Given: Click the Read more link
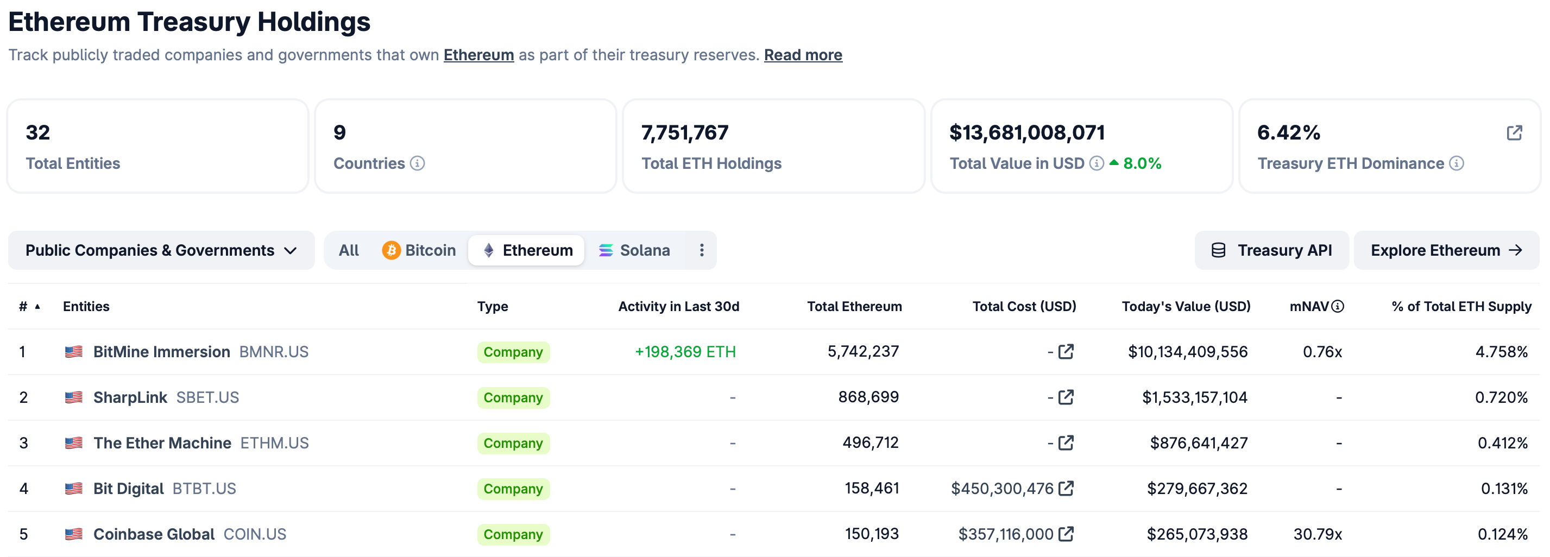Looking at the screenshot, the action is tap(803, 55).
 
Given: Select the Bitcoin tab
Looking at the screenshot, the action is tap(419, 250).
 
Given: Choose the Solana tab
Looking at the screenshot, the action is tap(634, 250).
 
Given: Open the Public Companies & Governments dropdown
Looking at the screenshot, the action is tap(161, 250).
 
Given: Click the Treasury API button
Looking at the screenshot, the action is tap(1271, 250).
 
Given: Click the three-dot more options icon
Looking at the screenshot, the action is tap(702, 250).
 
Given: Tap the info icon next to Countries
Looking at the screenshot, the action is tap(418, 163).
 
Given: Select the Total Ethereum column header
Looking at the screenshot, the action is tap(854, 306).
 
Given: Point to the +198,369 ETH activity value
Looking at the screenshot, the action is tap(685, 352).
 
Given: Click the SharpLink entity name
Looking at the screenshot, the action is tap(130, 397).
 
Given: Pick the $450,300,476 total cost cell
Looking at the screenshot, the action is tap(1003, 489).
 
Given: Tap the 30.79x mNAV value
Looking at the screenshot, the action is tap(1318, 534).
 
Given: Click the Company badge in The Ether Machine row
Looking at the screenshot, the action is tap(513, 444).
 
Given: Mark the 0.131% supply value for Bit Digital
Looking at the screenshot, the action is tap(1504, 489).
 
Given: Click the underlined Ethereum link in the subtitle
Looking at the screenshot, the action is tap(479, 55).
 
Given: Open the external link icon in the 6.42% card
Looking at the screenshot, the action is tap(1514, 133).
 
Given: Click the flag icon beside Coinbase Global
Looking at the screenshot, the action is tap(73, 534).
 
